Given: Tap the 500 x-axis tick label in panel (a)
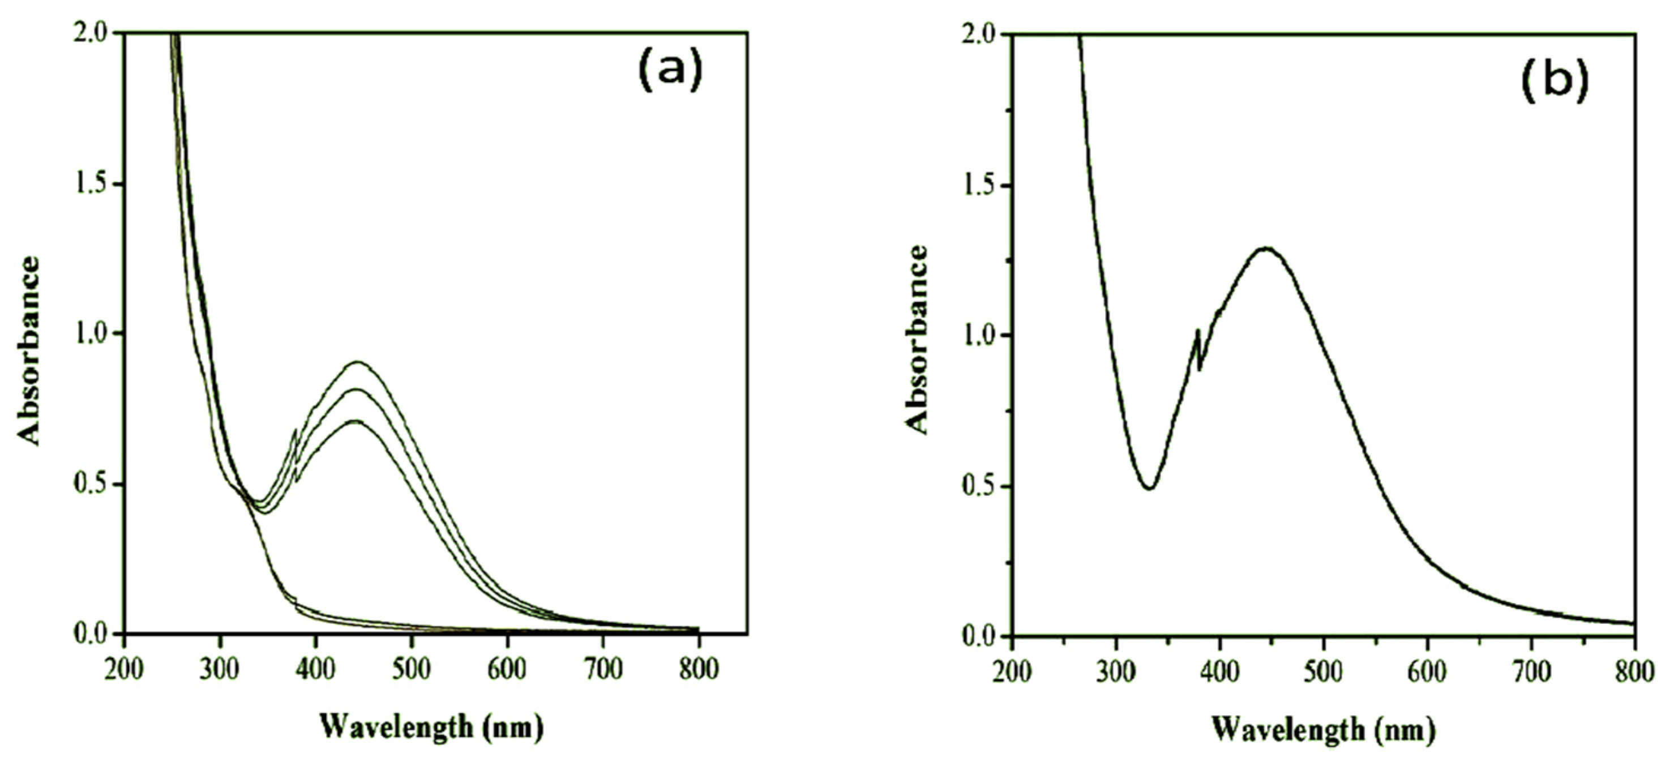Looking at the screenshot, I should (412, 669).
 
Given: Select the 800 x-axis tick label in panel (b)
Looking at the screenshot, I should (1633, 671).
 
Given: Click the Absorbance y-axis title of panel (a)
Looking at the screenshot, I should (29, 351).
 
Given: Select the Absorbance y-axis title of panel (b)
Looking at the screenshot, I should (917, 339).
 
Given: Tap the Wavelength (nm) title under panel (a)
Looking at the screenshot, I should (431, 726).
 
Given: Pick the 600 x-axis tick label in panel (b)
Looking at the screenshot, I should (1427, 671).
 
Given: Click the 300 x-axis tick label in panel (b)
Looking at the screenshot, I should (1116, 671).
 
